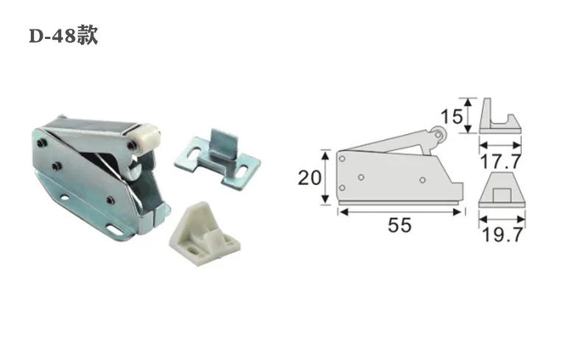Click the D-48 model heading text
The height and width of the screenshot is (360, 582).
pyautogui.click(x=63, y=36)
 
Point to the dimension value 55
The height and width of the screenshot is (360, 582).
pyautogui.click(x=399, y=226)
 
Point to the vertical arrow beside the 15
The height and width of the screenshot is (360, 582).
pyautogui.click(x=467, y=116)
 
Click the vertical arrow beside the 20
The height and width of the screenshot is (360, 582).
pyautogui.click(x=325, y=177)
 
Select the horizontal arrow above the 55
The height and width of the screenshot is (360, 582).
pyautogui.click(x=401, y=212)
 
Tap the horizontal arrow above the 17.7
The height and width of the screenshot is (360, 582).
pyautogui.click(x=500, y=144)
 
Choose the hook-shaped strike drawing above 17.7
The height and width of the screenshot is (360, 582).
pyautogui.click(x=499, y=117)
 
